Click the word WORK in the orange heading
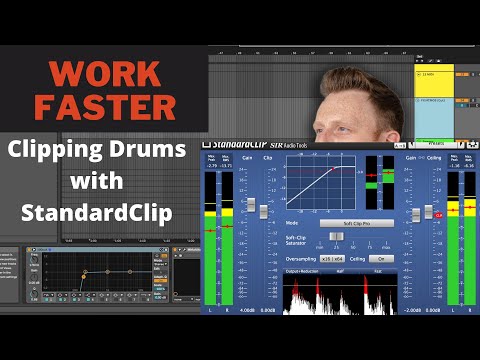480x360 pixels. click(x=103, y=73)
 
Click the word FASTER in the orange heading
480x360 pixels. click(x=103, y=106)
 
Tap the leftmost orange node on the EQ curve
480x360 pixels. click(x=85, y=273)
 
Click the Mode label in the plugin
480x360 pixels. click(x=293, y=223)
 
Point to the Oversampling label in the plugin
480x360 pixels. click(x=304, y=258)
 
